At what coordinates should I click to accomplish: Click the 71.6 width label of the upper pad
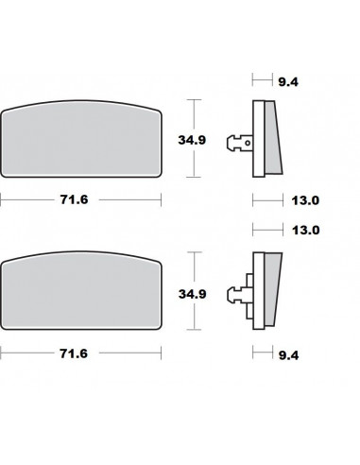pos(79,201)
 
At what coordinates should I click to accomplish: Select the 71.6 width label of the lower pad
pos(79,354)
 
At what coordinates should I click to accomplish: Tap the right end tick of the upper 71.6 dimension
pos(160,200)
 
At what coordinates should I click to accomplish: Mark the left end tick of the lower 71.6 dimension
pos(1,353)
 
